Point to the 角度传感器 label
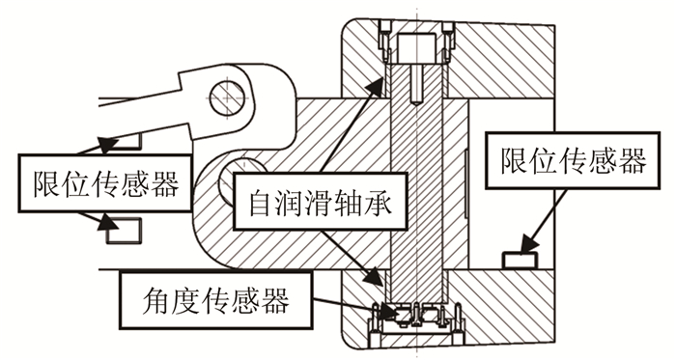(x=215, y=300)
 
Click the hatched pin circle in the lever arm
(x=227, y=97)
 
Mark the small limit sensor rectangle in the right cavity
(x=520, y=260)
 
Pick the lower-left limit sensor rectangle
(x=125, y=231)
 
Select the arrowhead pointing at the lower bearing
(x=374, y=276)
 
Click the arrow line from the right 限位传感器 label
(x=543, y=221)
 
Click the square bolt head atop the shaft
(x=416, y=48)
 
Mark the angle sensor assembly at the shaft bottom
(x=416, y=320)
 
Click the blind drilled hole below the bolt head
(x=416, y=84)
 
